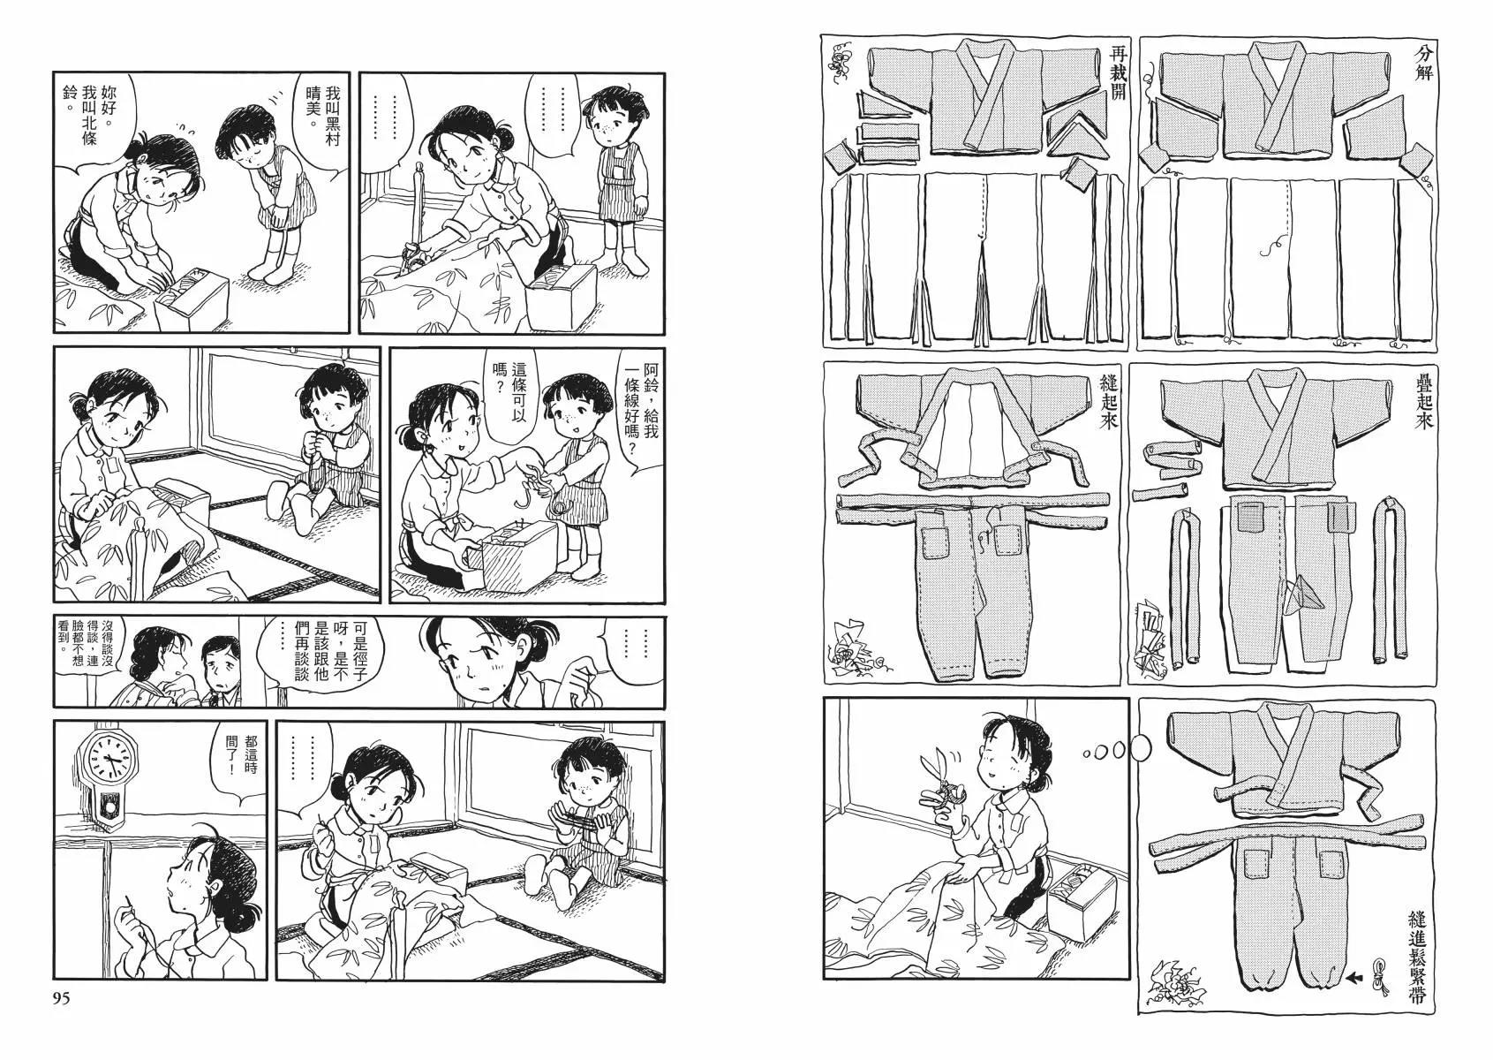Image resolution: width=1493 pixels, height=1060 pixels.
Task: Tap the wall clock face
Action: point(108,760)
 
